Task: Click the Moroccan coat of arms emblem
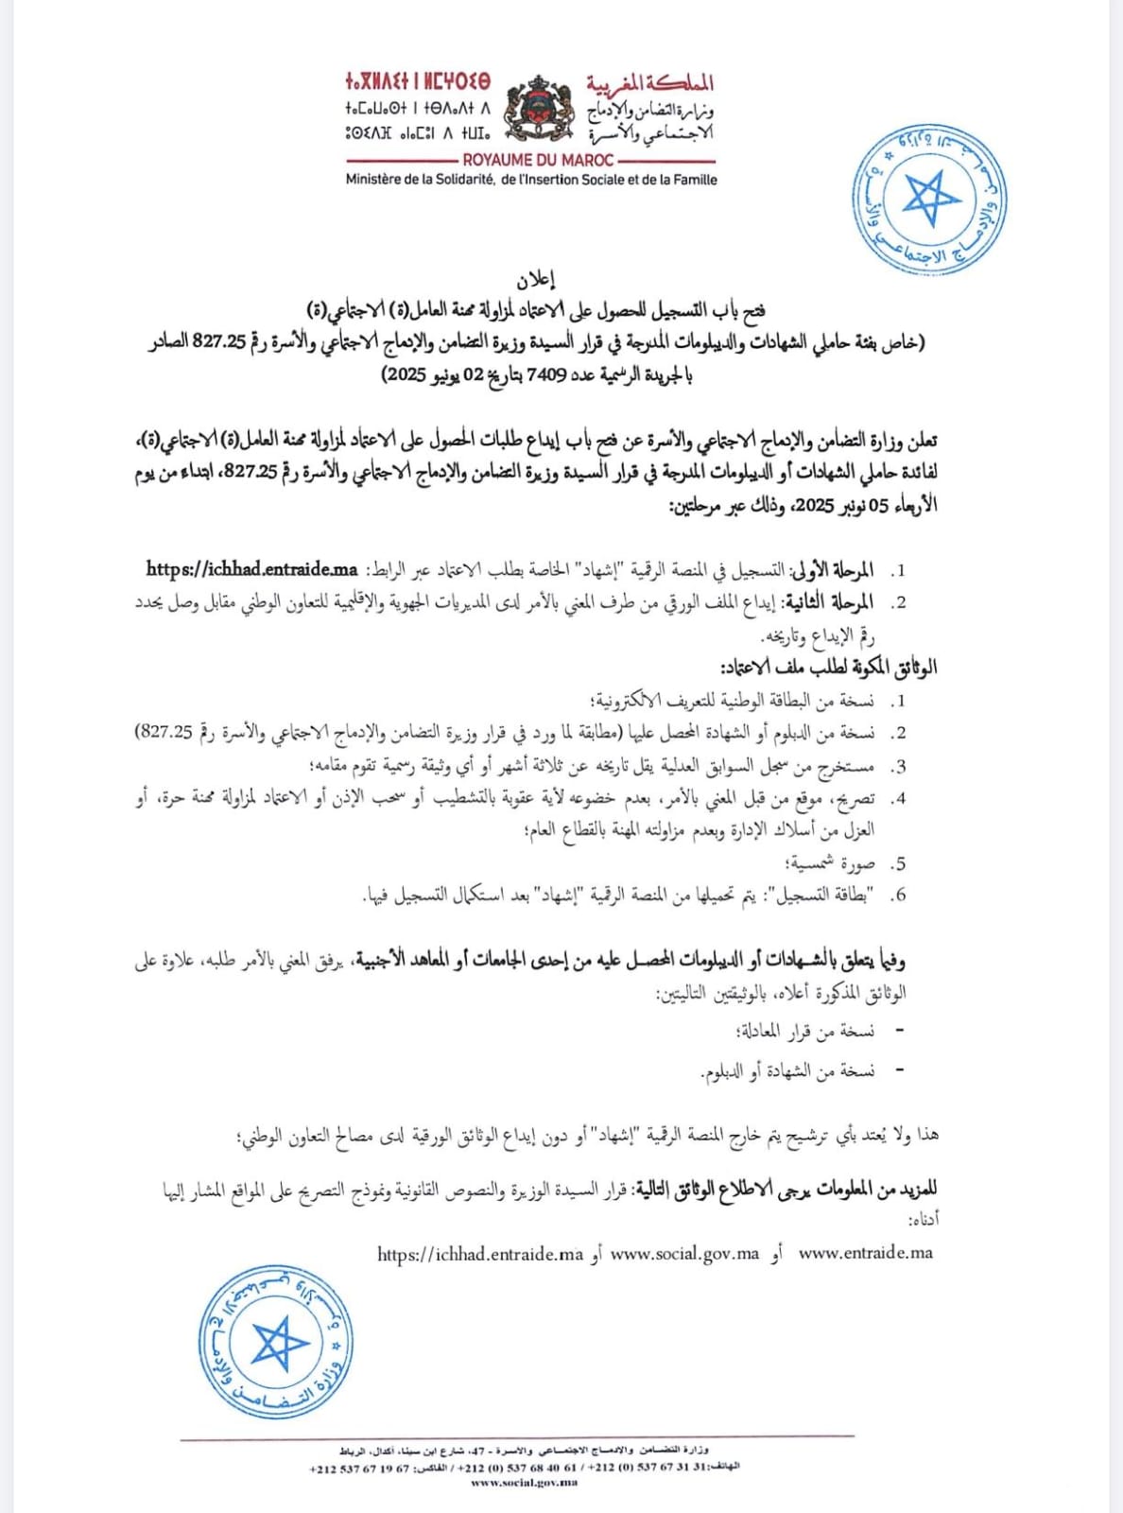539,107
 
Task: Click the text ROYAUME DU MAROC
538,161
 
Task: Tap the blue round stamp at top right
929,200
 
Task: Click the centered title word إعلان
535,280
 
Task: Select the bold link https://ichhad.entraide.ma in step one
251,569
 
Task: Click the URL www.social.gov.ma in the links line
684,1254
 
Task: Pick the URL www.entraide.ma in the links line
865,1253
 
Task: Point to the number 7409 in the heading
546,374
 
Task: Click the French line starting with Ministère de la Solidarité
531,180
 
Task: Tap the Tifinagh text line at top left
418,82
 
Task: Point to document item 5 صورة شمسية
829,863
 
